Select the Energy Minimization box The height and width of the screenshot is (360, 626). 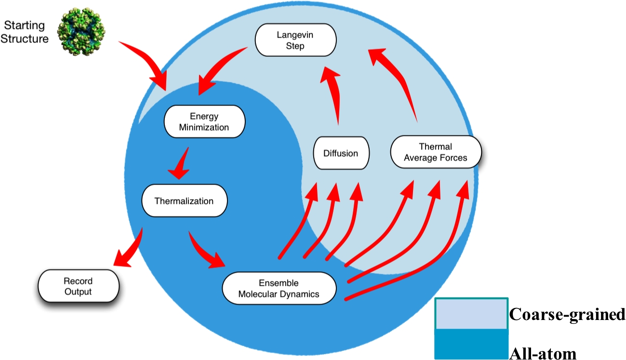204,122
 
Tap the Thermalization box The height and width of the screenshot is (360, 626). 184,200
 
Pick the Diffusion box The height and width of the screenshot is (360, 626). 341,154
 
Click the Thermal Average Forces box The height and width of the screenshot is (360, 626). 435,152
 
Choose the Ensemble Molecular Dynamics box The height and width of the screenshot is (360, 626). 279,288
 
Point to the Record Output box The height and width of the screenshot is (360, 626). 78,286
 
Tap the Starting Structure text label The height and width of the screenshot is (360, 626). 24,32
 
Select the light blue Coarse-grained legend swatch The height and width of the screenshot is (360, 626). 471,314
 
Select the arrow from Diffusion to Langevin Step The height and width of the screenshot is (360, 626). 333,96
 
